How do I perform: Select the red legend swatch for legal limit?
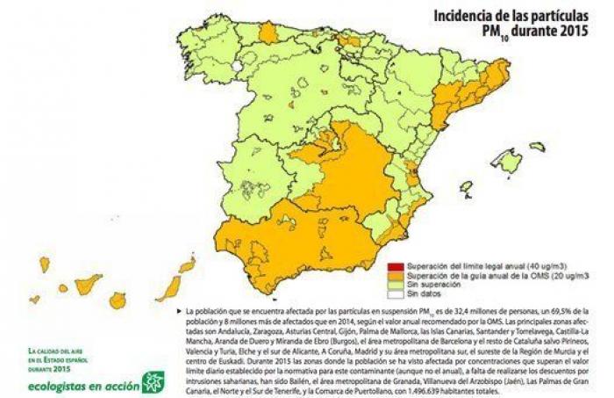(396, 265)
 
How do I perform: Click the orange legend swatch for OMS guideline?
(396, 276)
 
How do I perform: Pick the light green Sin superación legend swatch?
(396, 286)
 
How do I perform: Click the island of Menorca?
(538, 147)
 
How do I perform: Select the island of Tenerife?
(87, 284)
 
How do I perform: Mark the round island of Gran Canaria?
(118, 300)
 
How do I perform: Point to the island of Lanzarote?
(187, 264)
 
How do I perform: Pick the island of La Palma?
(44, 264)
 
